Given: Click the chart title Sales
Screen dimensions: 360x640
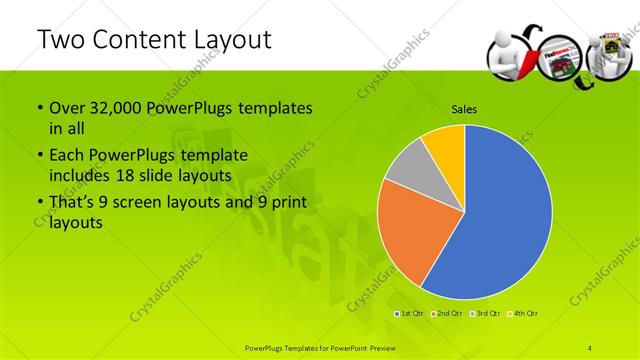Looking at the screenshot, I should click(x=464, y=110).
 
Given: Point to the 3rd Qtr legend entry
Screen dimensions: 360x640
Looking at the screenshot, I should click(x=484, y=314).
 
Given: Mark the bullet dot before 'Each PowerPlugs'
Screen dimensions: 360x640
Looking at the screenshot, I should click(x=39, y=156).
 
